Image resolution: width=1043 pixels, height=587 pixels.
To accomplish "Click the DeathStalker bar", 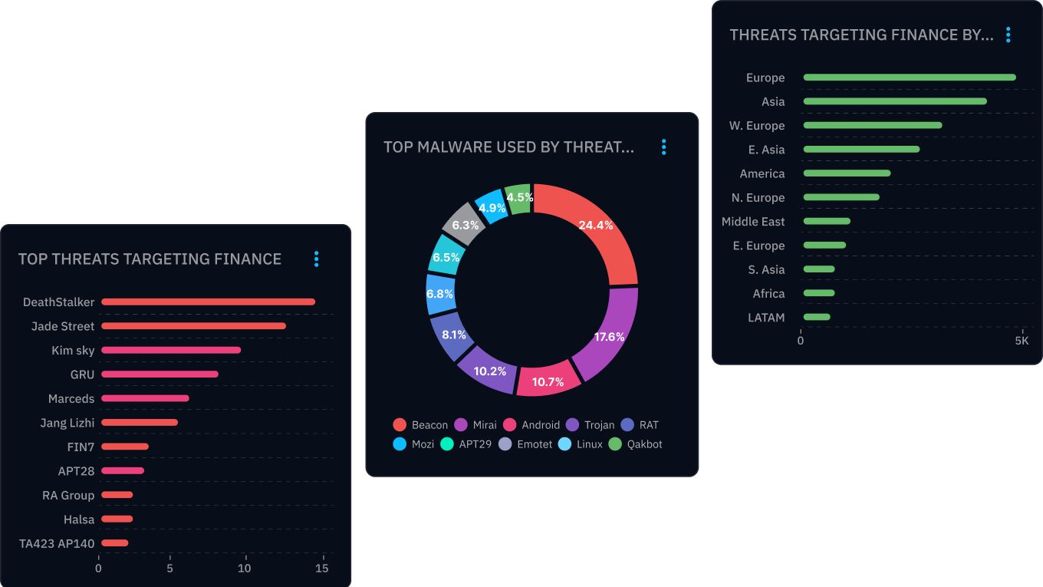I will point(208,302).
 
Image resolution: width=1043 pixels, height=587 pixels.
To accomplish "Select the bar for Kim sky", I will point(171,350).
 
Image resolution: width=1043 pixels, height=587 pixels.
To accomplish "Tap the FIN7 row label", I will point(81,447).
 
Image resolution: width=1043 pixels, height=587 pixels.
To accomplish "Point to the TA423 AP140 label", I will point(57,543).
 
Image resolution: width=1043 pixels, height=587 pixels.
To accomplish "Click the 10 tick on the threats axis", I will point(244,569).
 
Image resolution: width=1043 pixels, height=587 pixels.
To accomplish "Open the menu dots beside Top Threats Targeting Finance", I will point(316,259).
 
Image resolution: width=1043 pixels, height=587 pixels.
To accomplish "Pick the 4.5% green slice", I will point(519,198).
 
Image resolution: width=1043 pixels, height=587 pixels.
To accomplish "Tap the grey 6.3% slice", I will point(465,223).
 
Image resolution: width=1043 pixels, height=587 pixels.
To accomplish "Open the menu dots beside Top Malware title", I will point(664,147).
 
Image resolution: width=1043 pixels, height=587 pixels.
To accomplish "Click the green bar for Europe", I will point(909,77).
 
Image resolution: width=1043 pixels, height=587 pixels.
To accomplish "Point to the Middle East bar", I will point(827,221).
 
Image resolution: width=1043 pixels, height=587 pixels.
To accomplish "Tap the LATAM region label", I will point(766,317).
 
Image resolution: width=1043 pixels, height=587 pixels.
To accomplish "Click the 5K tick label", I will point(1022,341).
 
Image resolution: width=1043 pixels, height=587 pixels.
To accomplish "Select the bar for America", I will point(847,173).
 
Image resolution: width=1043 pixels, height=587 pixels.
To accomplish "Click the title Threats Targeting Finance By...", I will point(861,35).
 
